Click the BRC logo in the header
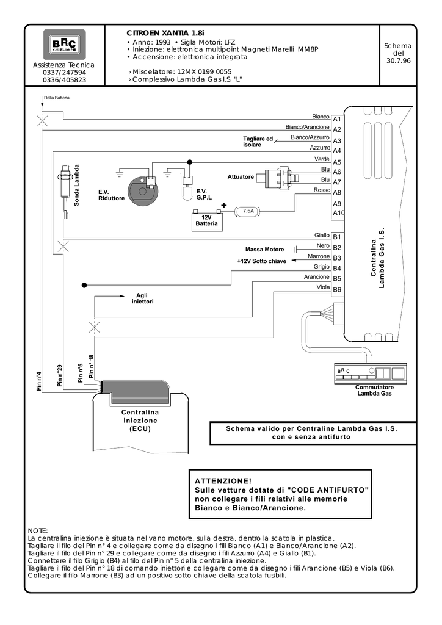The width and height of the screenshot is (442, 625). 64,44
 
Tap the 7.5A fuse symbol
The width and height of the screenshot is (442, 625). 248,211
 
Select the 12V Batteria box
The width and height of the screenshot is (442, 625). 207,220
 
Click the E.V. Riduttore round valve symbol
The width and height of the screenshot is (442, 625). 142,190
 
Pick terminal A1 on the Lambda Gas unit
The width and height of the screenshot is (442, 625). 337,119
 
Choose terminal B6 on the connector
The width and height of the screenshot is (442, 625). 337,290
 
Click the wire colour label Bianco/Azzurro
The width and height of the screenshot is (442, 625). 310,137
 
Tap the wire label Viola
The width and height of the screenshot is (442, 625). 323,287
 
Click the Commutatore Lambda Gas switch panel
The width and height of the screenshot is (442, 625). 371,374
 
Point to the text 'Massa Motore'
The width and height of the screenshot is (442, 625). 264,250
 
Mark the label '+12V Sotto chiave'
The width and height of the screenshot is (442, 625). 261,261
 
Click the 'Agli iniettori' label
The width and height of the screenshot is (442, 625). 142,298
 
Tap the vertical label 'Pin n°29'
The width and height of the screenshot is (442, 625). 60,375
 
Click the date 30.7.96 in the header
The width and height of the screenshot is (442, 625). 398,61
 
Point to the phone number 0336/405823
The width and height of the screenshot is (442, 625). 64,80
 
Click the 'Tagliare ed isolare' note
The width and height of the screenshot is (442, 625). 258,142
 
